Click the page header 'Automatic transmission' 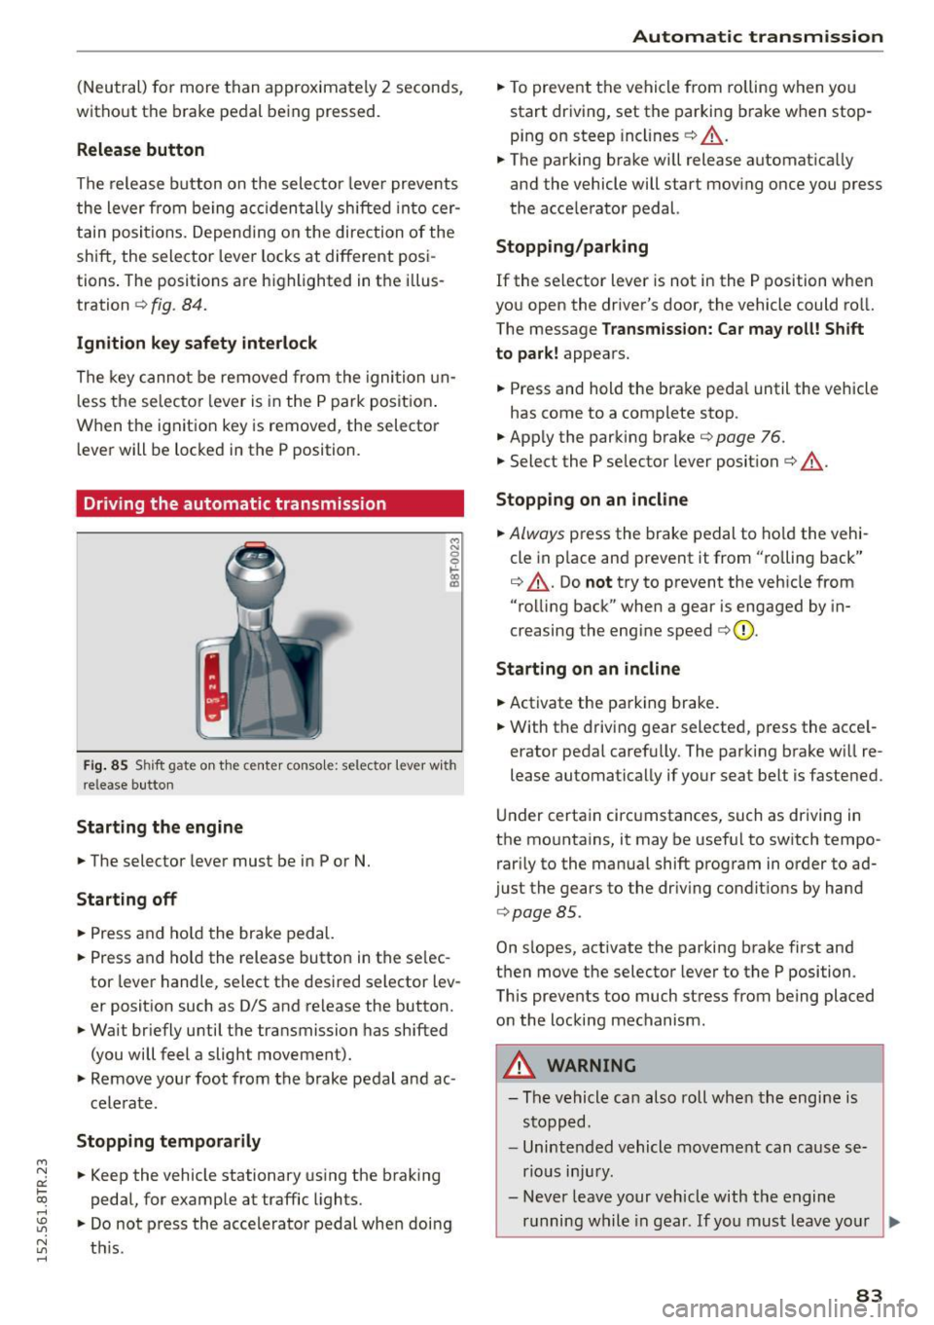[x=757, y=37]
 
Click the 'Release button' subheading [x=140, y=150]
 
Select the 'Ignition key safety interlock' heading [x=197, y=344]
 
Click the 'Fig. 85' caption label [x=105, y=765]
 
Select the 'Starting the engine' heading [x=160, y=828]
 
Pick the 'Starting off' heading [x=126, y=900]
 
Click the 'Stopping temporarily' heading [x=168, y=1141]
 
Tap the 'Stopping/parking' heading [x=572, y=247]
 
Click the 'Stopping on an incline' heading [x=592, y=500]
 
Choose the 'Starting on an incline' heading [x=588, y=669]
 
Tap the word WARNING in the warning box [x=592, y=1066]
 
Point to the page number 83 [x=870, y=1296]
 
